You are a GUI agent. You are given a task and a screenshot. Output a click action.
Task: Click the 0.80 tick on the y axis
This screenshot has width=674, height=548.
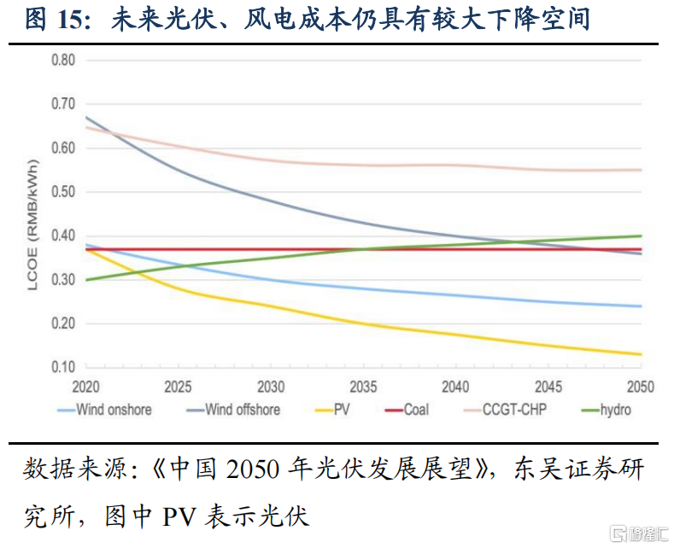click(x=63, y=61)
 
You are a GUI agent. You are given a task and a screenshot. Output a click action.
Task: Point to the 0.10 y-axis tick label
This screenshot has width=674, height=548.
click(x=63, y=368)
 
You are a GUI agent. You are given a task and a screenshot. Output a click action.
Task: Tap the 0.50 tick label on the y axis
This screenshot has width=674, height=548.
click(x=63, y=192)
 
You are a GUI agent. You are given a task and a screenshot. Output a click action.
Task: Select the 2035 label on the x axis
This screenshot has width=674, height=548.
click(x=363, y=387)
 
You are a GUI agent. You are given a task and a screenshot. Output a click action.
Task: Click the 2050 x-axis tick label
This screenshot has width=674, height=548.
click(x=640, y=387)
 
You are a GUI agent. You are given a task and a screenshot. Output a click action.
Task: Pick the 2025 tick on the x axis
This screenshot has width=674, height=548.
click(x=179, y=387)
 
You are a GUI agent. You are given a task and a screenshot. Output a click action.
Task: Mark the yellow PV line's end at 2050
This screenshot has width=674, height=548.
click(x=641, y=354)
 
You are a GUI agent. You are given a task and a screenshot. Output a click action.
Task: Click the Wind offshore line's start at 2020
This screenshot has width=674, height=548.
click(x=86, y=117)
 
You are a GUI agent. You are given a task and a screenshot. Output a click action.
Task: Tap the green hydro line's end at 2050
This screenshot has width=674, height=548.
click(x=641, y=236)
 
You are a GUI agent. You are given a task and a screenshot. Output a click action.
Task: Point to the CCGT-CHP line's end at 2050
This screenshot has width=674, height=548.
click(x=641, y=170)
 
